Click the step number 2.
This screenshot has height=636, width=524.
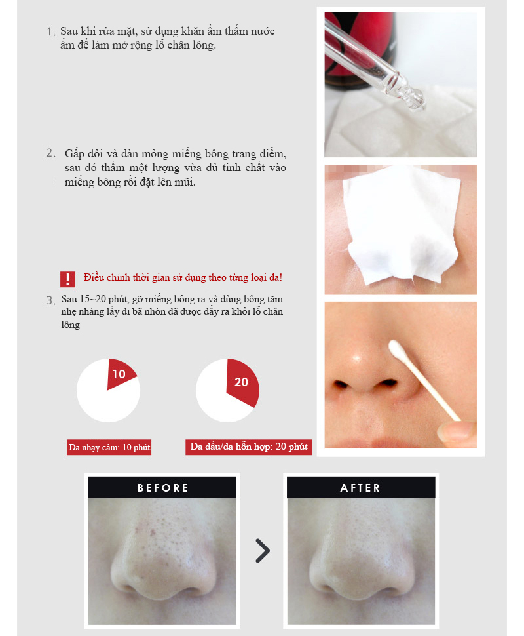[50, 153]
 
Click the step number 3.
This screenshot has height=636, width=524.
[50, 300]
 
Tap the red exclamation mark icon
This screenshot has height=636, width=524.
[67, 279]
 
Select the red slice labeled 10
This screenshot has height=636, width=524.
[121, 374]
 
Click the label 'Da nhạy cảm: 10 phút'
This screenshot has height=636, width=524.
[109, 448]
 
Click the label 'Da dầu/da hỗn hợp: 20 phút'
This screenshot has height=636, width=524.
[248, 447]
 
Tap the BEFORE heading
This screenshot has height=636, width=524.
[162, 488]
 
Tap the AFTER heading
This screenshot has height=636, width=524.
[361, 488]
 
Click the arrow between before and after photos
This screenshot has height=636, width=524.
[262, 551]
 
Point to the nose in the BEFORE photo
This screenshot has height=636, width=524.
[162, 564]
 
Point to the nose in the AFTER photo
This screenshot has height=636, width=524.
[361, 564]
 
